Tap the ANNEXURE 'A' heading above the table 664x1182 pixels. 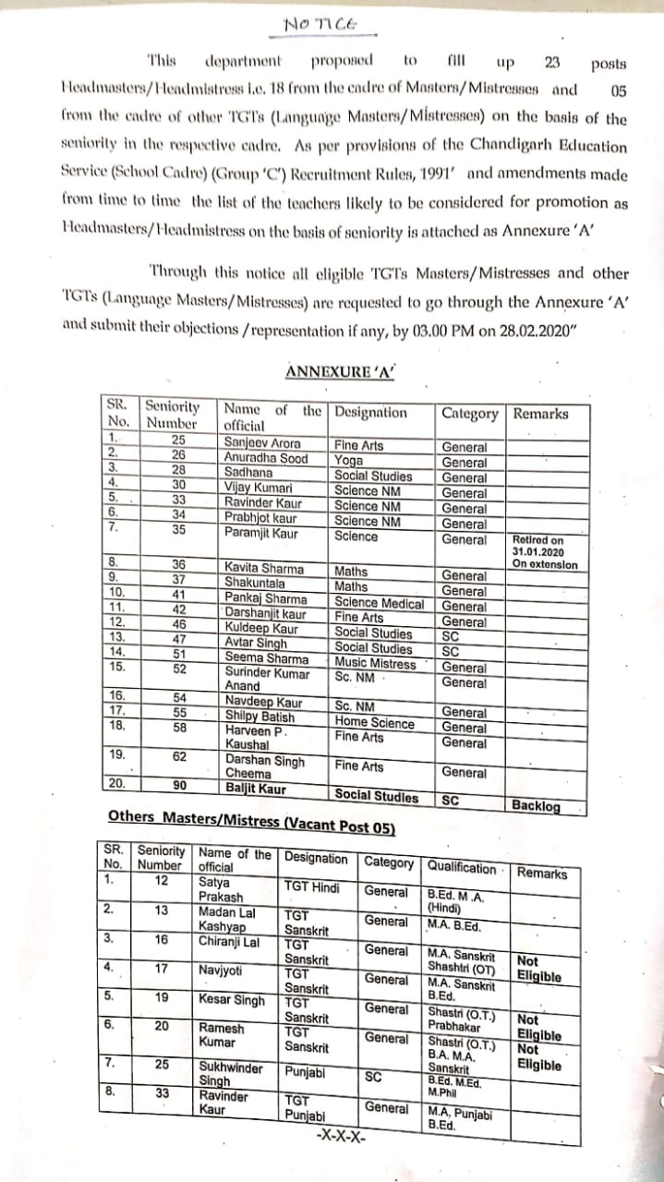coord(340,371)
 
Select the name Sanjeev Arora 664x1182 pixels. coord(262,444)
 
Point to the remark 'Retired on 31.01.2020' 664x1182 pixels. coord(540,546)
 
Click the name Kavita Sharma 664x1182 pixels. coord(264,569)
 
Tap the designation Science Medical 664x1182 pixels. coord(379,603)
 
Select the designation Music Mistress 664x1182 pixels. coord(375,663)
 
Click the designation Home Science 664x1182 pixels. coord(374,723)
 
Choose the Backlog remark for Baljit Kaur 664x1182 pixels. coord(536,805)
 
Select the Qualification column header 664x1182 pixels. coord(461,868)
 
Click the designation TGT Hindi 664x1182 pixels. coord(311,888)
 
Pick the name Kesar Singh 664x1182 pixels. coord(232,1000)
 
